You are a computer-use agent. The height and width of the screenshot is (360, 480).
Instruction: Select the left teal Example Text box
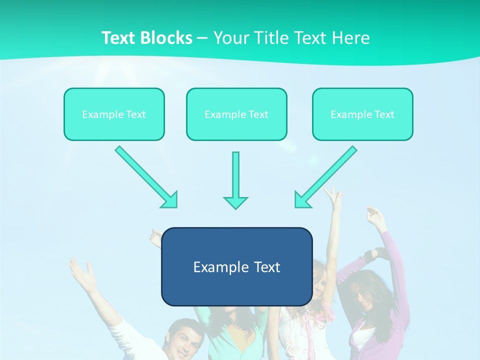point(114,114)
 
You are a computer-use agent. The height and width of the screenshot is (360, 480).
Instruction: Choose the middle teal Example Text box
point(236,114)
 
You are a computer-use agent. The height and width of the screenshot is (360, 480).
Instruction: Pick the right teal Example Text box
point(362,114)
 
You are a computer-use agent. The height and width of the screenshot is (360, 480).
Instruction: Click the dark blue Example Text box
point(236,266)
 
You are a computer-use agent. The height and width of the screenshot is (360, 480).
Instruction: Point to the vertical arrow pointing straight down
point(235,180)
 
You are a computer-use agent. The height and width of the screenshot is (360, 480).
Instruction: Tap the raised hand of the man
point(82,272)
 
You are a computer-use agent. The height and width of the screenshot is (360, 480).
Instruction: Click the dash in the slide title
point(202,38)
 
